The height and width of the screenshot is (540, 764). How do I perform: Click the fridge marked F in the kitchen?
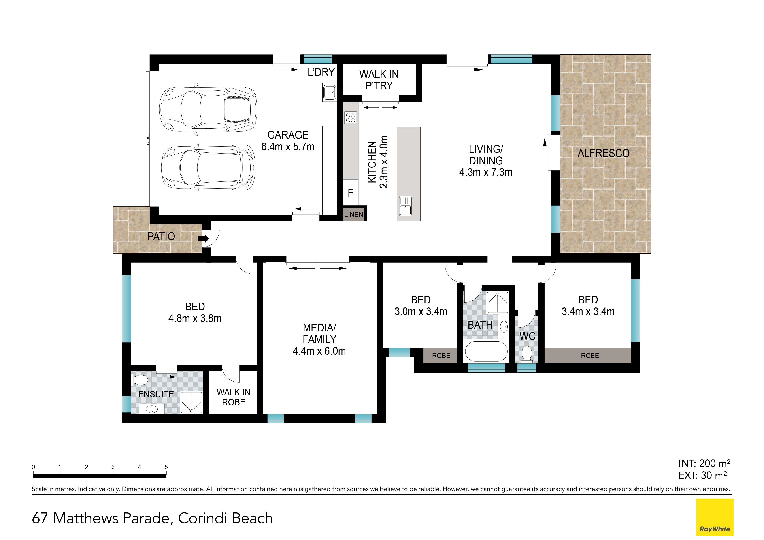pyautogui.click(x=350, y=193)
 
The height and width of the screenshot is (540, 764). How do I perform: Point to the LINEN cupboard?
pyautogui.click(x=354, y=214)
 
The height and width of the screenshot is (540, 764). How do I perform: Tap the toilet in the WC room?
pyautogui.click(x=526, y=353)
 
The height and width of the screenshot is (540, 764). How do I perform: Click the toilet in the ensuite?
pyautogui.click(x=140, y=380)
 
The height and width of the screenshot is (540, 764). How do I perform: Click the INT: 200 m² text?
pyautogui.click(x=704, y=463)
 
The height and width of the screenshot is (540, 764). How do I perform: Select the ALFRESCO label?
pyautogui.click(x=603, y=153)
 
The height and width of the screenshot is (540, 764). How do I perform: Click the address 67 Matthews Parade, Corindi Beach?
pyautogui.click(x=152, y=518)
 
